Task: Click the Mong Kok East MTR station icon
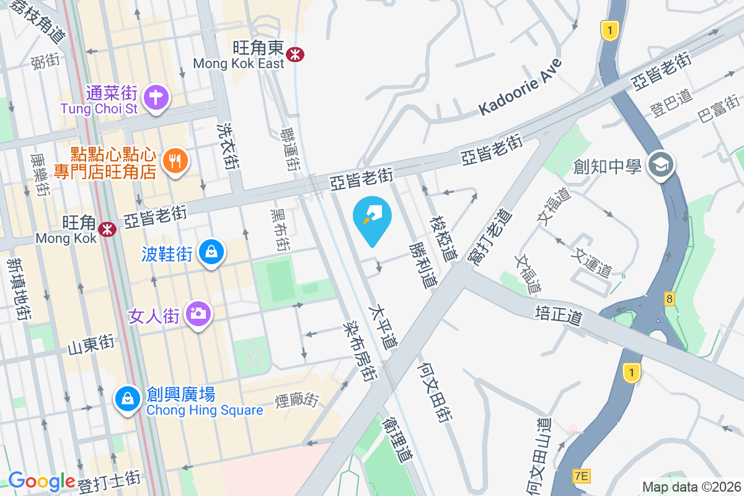296,55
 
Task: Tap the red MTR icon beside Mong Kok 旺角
108,229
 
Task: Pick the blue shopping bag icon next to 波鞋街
212,252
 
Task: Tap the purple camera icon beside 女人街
198,314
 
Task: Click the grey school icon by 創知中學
660,164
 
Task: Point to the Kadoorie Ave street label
520,87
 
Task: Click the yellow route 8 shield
669,299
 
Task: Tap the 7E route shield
582,476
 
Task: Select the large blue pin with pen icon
372,216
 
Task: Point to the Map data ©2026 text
691,487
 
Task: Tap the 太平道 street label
383,325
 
